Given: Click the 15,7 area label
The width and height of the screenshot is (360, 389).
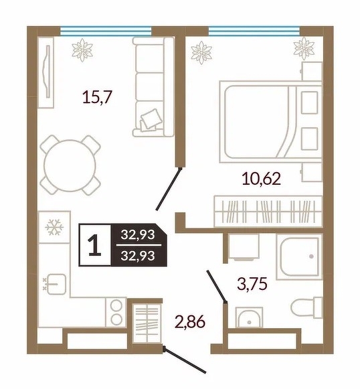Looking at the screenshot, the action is pos(98,97).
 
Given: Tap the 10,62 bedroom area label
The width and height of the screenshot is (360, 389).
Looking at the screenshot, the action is pos(262,179).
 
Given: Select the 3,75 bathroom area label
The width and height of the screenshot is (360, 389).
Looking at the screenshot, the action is pos(252,284).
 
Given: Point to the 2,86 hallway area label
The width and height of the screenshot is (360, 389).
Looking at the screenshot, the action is pos(190,322).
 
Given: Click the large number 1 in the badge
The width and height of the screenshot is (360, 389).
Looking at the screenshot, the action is pos(95,245).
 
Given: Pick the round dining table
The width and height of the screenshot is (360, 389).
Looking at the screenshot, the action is pos(70,165).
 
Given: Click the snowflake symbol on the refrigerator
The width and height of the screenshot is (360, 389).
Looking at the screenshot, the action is pos(54,227).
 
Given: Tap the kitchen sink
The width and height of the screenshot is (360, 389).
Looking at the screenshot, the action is pos(56,285).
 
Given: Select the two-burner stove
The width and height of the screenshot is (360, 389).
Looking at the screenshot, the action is pos(116,312).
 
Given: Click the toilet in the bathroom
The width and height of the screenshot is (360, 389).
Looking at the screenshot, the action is pos(306,307).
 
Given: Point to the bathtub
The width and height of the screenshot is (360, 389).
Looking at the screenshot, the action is pos(299,257).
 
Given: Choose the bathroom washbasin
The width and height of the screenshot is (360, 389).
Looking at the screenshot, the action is pos(249,317).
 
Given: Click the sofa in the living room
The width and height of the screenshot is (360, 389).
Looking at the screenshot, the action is pos(153,87).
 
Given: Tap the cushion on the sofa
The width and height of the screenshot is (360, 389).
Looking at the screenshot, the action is pos(149,120).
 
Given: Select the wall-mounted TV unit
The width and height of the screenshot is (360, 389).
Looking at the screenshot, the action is pos(46,72).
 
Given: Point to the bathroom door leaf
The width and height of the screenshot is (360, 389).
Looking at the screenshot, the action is pos(216,287).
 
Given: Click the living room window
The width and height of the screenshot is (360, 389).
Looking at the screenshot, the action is pos(106,31).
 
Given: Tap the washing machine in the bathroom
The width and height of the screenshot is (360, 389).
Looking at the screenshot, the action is pos(244,247).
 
